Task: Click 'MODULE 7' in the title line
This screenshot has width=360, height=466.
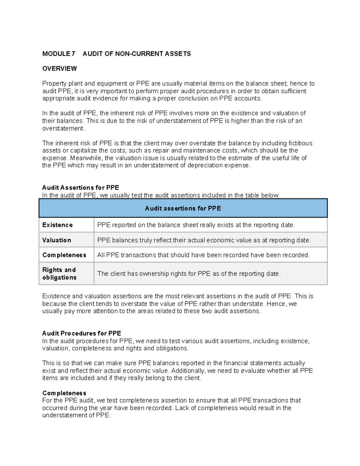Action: click(58, 54)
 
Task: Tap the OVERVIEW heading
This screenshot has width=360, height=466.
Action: click(59, 69)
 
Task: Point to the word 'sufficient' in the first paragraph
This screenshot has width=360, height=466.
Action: click(292, 91)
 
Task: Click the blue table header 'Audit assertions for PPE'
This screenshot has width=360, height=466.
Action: click(183, 208)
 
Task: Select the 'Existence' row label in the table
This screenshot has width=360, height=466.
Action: click(58, 225)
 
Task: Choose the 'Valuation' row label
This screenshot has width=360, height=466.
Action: click(57, 240)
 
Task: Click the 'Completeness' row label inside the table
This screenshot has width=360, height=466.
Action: click(64, 255)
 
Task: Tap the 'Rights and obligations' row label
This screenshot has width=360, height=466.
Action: click(59, 274)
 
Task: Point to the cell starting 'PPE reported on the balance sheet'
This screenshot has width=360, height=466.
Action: click(196, 225)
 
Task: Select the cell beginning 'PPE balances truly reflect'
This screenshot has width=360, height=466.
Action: click(204, 240)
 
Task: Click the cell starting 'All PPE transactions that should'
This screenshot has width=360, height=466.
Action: click(203, 255)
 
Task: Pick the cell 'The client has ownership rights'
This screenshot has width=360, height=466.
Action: click(189, 274)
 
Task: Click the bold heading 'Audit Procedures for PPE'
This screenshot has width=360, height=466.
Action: click(82, 333)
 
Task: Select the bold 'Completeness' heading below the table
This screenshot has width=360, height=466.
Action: click(64, 393)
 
